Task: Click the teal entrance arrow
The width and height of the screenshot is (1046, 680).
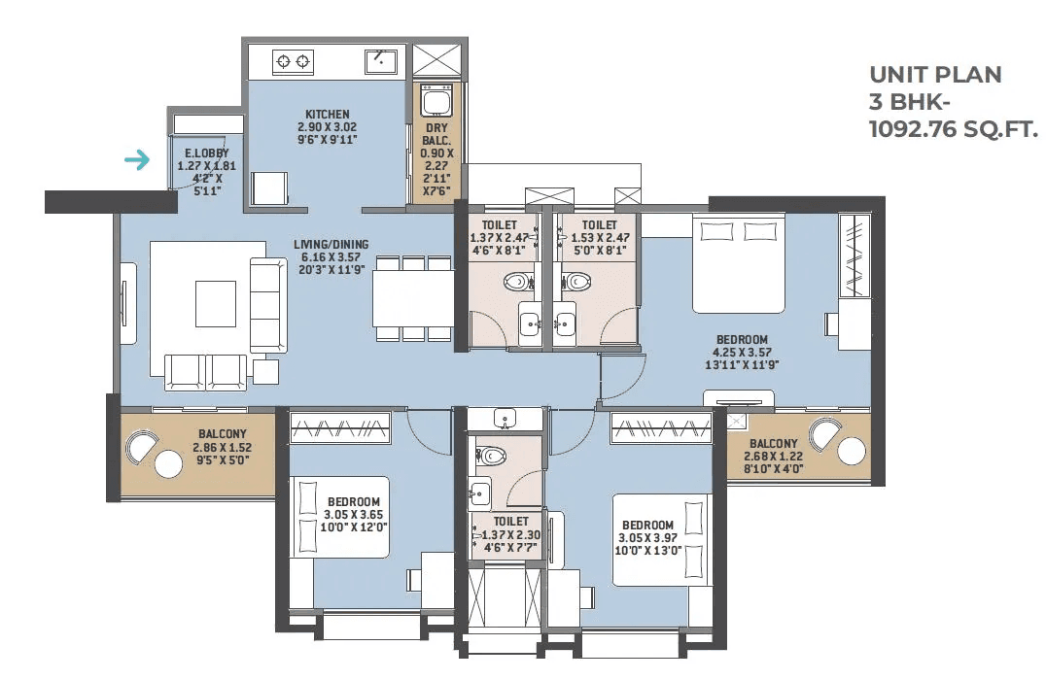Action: (x=137, y=160)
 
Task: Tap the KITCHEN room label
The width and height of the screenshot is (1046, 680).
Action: (x=327, y=114)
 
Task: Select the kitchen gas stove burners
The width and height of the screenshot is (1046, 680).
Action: (x=294, y=62)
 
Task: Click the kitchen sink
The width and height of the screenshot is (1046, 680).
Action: (x=382, y=61)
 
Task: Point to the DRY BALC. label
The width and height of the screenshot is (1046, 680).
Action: (x=436, y=134)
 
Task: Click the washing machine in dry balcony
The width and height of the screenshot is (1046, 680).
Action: (x=436, y=101)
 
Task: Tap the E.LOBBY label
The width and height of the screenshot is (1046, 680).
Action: (x=207, y=153)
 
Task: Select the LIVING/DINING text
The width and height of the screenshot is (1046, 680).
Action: (x=331, y=245)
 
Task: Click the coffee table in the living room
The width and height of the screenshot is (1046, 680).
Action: (x=216, y=303)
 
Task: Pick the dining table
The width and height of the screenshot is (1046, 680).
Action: (x=413, y=298)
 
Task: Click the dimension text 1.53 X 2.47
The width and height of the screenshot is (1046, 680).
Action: (x=600, y=237)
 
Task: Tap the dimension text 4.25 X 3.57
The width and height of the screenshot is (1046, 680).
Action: (x=742, y=352)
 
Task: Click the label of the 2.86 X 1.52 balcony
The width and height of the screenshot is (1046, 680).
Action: (x=223, y=434)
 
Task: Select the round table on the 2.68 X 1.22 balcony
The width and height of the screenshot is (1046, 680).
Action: (x=852, y=452)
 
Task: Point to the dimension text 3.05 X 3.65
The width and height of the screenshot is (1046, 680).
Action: (x=354, y=515)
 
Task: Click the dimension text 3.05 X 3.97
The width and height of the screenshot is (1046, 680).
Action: (x=647, y=538)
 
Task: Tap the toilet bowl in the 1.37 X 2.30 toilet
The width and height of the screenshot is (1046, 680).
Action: (x=490, y=456)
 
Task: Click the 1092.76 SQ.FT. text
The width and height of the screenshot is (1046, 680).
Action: (x=954, y=128)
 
